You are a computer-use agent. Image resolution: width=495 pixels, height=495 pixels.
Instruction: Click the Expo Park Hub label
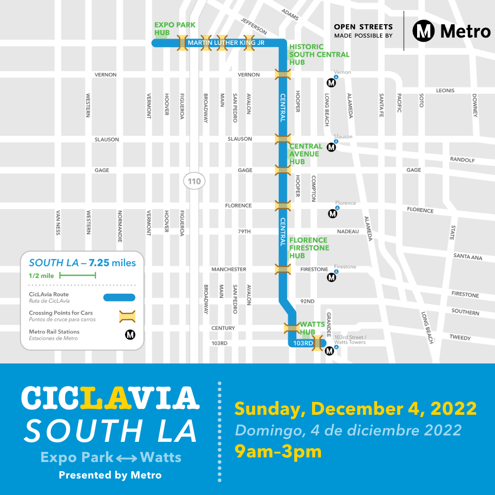pyautogui.click(x=168, y=28)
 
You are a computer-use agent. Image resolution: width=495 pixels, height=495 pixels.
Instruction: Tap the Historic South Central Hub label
pyautogui.click(x=319, y=54)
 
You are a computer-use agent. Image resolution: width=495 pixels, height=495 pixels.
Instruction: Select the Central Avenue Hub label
pyautogui.click(x=306, y=154)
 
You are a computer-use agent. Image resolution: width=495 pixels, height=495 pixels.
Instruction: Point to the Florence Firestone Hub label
pyautogui.click(x=308, y=247)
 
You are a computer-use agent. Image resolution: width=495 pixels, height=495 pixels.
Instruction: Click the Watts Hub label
pyautogui.click(x=312, y=328)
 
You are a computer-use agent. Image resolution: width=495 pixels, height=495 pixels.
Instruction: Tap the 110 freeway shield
pyautogui.click(x=194, y=181)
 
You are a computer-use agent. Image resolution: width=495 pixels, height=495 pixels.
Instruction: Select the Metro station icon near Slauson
pyautogui.click(x=331, y=147)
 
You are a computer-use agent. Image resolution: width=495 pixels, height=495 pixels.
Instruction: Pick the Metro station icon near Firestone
pyautogui.click(x=331, y=277)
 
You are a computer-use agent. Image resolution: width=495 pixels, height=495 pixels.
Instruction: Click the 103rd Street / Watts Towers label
pyautogui.click(x=350, y=339)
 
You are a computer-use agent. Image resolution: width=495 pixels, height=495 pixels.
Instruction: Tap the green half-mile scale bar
pyautogui.click(x=77, y=275)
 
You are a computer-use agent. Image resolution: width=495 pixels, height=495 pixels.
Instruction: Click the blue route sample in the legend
pyautogui.click(x=119, y=297)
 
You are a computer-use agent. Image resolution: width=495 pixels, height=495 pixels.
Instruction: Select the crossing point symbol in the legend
pyautogui.click(x=127, y=316)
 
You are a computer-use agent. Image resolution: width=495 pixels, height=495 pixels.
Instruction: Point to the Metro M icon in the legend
pyautogui.click(x=130, y=335)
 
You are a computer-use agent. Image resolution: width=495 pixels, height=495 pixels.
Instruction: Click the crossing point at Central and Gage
pyautogui.click(x=282, y=170)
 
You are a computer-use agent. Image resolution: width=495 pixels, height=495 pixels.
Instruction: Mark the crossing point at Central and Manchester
pyautogui.click(x=282, y=269)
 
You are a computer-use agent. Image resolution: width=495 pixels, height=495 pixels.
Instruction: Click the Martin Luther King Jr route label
pyautogui.click(x=226, y=43)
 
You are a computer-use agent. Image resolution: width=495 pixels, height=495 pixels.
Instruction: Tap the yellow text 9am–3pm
pyautogui.click(x=278, y=451)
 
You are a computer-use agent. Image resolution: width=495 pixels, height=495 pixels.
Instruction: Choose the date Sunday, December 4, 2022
pyautogui.click(x=355, y=408)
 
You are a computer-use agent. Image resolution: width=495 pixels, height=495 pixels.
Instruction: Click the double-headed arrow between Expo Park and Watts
pyautogui.click(x=126, y=457)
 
